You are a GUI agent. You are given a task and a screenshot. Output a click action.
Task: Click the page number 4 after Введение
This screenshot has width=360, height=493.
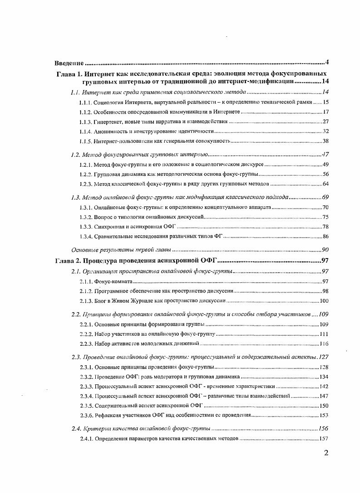(326, 62)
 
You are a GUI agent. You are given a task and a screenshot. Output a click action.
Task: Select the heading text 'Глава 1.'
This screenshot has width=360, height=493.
(69, 73)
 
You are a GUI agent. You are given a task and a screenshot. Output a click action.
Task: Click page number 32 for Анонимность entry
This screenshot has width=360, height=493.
(325, 131)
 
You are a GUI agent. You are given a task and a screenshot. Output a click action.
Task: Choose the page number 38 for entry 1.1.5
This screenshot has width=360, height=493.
(325, 141)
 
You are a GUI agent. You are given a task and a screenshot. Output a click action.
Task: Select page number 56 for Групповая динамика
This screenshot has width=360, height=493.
(325, 174)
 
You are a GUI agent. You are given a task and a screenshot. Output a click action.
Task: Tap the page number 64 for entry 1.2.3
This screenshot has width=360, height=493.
(325, 184)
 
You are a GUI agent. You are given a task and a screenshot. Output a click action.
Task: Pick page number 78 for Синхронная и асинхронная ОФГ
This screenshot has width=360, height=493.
(325, 226)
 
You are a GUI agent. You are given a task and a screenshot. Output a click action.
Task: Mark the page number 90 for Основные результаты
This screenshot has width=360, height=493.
(325, 249)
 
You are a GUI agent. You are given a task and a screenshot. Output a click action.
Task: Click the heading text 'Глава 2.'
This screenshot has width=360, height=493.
(69, 260)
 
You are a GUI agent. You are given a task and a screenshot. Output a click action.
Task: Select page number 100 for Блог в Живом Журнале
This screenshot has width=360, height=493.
(323, 301)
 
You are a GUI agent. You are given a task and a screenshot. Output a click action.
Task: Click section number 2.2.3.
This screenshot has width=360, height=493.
(86, 344)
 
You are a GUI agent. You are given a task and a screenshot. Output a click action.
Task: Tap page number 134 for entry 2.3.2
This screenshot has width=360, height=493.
(323, 377)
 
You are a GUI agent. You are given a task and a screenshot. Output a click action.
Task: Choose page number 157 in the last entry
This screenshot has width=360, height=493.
(323, 438)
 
